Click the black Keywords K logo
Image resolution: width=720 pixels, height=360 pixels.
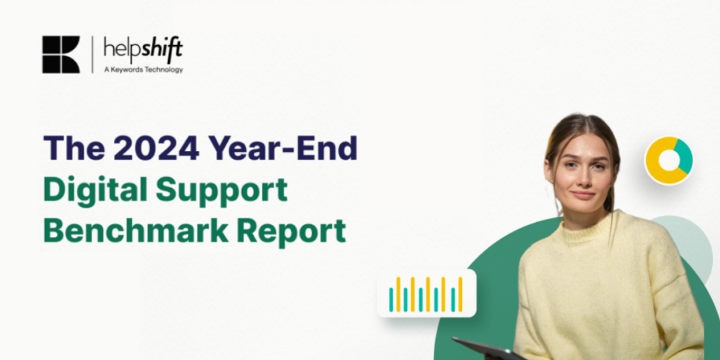(61, 55)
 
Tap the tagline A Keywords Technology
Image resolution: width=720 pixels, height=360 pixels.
(143, 70)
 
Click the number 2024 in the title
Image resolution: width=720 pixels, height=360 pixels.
(156, 148)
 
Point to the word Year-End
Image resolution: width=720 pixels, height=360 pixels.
(283, 148)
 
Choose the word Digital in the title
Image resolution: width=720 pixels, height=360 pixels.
(95, 190)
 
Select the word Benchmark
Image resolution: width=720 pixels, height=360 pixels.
(136, 230)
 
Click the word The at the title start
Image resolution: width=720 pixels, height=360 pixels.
(74, 148)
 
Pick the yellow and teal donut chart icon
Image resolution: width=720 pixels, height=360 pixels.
(669, 161)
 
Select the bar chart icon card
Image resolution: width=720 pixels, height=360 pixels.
(427, 293)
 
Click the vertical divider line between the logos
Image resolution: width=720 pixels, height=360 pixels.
(92, 55)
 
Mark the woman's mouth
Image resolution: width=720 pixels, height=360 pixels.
(583, 195)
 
